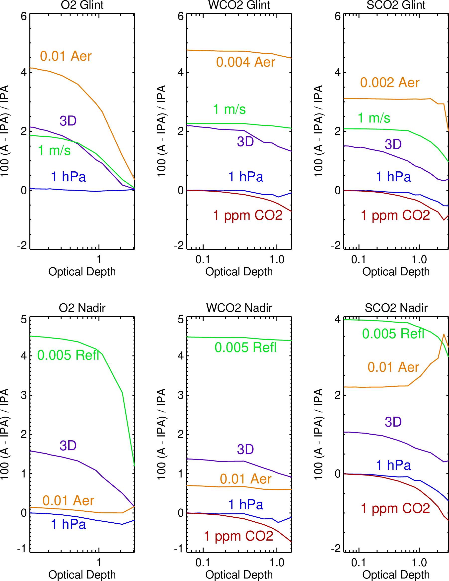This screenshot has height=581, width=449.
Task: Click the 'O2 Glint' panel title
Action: click(x=82, y=5)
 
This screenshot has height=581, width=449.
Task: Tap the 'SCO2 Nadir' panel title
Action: click(x=396, y=308)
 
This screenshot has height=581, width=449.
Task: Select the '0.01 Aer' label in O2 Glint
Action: click(x=66, y=56)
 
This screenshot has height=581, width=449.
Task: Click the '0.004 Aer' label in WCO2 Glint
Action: click(x=245, y=62)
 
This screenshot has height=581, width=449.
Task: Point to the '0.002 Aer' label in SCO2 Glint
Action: click(x=389, y=83)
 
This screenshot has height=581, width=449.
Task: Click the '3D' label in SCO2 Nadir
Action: click(x=393, y=422)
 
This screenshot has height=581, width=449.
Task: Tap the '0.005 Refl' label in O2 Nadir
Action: click(x=68, y=355)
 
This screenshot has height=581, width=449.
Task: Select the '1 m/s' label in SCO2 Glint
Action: click(x=374, y=118)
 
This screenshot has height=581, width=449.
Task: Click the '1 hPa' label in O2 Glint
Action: click(x=68, y=177)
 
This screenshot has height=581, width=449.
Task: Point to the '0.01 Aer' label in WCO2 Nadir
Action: click(x=245, y=479)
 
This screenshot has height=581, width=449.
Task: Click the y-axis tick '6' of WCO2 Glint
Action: click(x=181, y=16)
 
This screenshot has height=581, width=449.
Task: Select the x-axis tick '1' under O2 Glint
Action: click(x=99, y=259)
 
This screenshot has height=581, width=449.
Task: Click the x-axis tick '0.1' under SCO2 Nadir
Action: click(x=358, y=563)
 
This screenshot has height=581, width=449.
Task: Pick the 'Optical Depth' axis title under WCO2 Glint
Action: click(x=239, y=272)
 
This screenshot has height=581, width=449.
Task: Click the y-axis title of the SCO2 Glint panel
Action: click(x=318, y=131)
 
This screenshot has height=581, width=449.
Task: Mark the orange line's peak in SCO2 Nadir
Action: click(x=444, y=334)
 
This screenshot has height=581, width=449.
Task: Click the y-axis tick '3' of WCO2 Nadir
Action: click(x=181, y=395)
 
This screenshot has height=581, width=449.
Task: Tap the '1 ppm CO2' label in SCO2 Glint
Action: click(x=395, y=215)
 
